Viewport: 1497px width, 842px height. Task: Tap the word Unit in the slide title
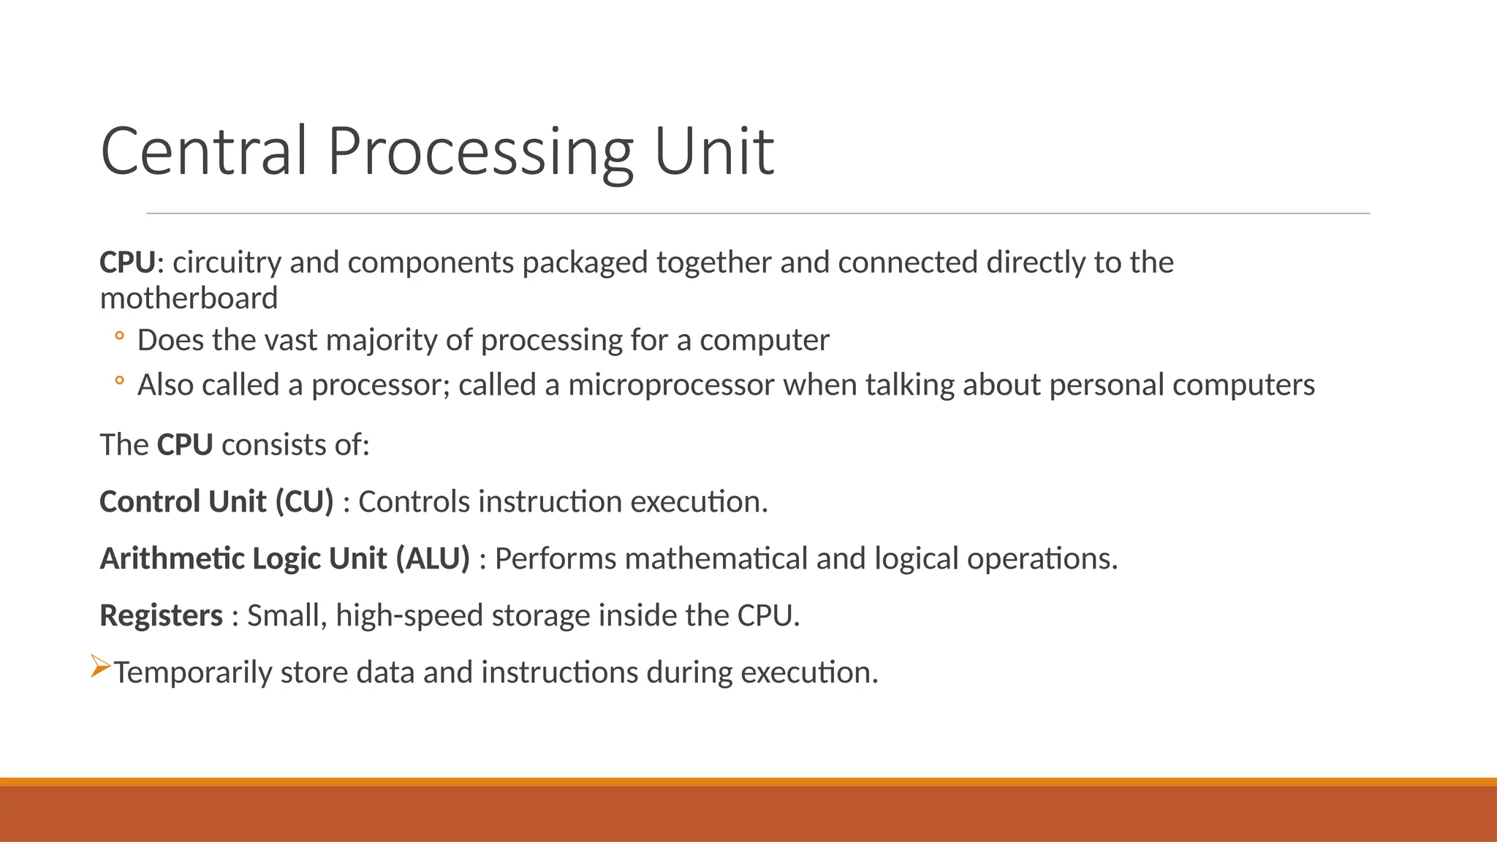tap(713, 151)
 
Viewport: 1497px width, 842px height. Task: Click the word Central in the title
tap(204, 151)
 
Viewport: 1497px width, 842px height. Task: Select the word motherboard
tap(189, 298)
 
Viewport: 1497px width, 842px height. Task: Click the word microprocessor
tap(671, 384)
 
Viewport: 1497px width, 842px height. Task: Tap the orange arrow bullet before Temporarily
tap(101, 667)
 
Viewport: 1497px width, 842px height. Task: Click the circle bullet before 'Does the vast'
tap(119, 336)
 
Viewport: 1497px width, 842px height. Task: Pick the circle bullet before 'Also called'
tap(119, 380)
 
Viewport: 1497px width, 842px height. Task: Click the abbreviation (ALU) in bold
tap(433, 558)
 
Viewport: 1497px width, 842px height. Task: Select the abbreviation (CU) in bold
tap(304, 501)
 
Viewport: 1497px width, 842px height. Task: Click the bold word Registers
tap(161, 615)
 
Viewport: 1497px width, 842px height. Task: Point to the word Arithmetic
tap(172, 558)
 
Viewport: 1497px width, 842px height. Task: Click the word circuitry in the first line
tap(227, 262)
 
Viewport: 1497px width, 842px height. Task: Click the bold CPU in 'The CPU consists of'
tap(184, 444)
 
